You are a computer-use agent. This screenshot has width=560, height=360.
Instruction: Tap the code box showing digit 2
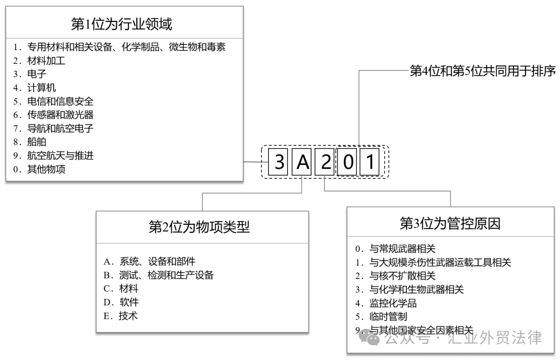click(x=325, y=162)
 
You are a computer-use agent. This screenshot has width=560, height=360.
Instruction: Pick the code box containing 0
click(x=347, y=162)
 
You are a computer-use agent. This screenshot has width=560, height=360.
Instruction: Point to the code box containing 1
click(x=370, y=162)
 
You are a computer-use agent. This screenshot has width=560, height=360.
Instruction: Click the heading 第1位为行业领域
click(x=122, y=24)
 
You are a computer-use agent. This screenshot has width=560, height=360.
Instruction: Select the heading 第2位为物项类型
click(x=199, y=227)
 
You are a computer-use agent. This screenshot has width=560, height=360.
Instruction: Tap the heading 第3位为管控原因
click(x=450, y=223)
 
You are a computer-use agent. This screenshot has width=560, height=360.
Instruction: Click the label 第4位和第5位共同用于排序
click(x=482, y=71)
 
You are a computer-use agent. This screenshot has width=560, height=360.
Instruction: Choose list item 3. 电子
click(x=30, y=74)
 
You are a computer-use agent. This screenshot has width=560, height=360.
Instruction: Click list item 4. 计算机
click(x=35, y=88)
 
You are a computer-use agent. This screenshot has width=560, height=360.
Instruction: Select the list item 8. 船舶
click(x=30, y=142)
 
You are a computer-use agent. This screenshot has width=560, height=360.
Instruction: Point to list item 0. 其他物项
click(x=39, y=169)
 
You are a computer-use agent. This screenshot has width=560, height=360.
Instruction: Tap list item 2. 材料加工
click(x=39, y=61)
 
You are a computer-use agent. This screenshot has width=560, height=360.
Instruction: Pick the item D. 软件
click(x=121, y=302)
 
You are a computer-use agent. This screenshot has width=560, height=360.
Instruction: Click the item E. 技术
click(x=121, y=316)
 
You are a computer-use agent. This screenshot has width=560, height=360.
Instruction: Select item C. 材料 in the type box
click(x=121, y=289)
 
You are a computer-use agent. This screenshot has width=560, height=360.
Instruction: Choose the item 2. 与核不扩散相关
click(x=395, y=276)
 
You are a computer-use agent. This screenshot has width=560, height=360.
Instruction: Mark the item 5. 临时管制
click(x=381, y=317)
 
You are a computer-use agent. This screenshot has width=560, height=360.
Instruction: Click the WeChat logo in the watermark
click(x=369, y=337)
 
